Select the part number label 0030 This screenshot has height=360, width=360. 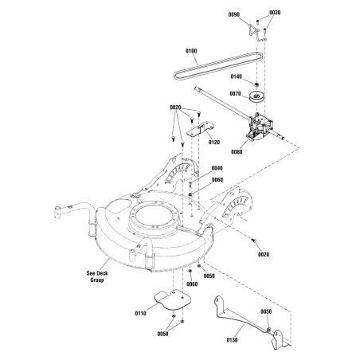tap(275, 14)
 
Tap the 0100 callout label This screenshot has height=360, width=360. tap(191, 52)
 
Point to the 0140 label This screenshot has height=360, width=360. tap(237, 76)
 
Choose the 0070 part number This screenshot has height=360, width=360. tap(235, 94)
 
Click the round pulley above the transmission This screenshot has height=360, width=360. tap(259, 98)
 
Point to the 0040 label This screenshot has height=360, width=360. tap(217, 169)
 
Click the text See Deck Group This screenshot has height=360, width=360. tap(99, 276)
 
